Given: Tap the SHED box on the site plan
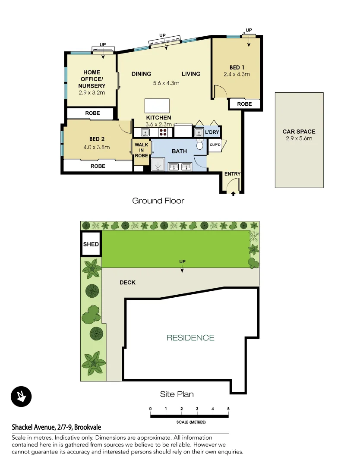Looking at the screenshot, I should pyautogui.click(x=91, y=244).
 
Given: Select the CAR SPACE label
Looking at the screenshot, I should pyautogui.click(x=299, y=132).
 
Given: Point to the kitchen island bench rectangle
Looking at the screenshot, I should pyautogui.click(x=158, y=106).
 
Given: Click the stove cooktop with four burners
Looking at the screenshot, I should pyautogui.click(x=164, y=132).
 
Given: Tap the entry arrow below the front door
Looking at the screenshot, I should pyautogui.click(x=233, y=194).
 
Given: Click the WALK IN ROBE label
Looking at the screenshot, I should pyautogui.click(x=141, y=150).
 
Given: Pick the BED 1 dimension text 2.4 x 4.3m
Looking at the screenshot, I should pyautogui.click(x=237, y=74).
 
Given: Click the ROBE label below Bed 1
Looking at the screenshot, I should pyautogui.click(x=244, y=104).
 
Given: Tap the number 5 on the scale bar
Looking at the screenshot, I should pyautogui.click(x=228, y=409).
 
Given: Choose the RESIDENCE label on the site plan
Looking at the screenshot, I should pyautogui.click(x=190, y=338).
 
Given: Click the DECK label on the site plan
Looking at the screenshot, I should pyautogui.click(x=127, y=282).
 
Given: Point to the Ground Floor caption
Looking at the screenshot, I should pyautogui.click(x=158, y=201).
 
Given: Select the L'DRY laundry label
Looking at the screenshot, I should pyautogui.click(x=212, y=132).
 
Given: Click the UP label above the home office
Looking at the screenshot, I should pyautogui.click(x=103, y=44).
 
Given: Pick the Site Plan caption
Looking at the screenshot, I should pyautogui.click(x=177, y=394).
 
